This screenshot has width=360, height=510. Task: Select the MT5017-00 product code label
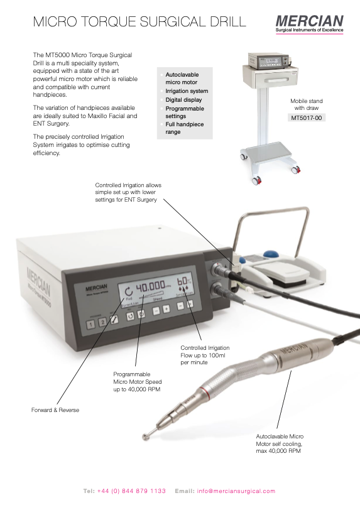tap(307, 117)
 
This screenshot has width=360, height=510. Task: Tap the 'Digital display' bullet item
tap(184, 100)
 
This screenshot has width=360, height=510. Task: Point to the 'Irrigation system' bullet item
tap(187, 92)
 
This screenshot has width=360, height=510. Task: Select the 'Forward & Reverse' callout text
tap(55, 410)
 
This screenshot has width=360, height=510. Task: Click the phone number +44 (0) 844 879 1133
tap(132, 491)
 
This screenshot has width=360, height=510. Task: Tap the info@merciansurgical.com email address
tap(236, 491)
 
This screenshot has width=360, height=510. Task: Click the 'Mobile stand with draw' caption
tap(307, 104)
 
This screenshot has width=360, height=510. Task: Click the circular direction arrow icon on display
tap(129, 290)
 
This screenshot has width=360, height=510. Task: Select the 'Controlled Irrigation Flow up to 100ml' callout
tap(205, 355)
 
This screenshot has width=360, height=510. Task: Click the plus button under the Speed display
tap(166, 308)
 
